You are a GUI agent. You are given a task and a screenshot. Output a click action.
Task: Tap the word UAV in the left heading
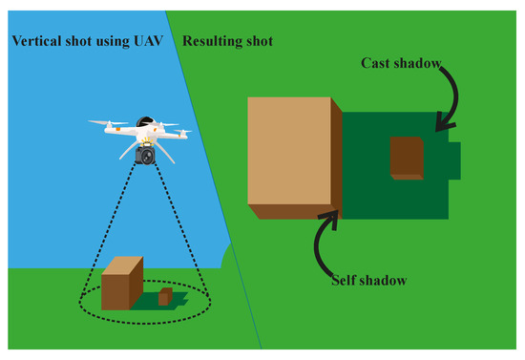140,43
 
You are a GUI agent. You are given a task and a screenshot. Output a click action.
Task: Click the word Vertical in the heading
34,43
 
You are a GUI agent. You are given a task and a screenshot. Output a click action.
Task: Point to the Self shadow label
370,281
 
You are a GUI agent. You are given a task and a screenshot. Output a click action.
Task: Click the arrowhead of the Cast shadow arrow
439,123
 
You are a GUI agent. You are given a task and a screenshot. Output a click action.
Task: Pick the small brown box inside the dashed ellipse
165,297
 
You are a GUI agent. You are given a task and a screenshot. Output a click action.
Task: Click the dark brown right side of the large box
337,159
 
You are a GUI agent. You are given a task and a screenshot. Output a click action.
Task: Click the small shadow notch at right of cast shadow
455,159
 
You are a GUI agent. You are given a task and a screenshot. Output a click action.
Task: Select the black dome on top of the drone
146,122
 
